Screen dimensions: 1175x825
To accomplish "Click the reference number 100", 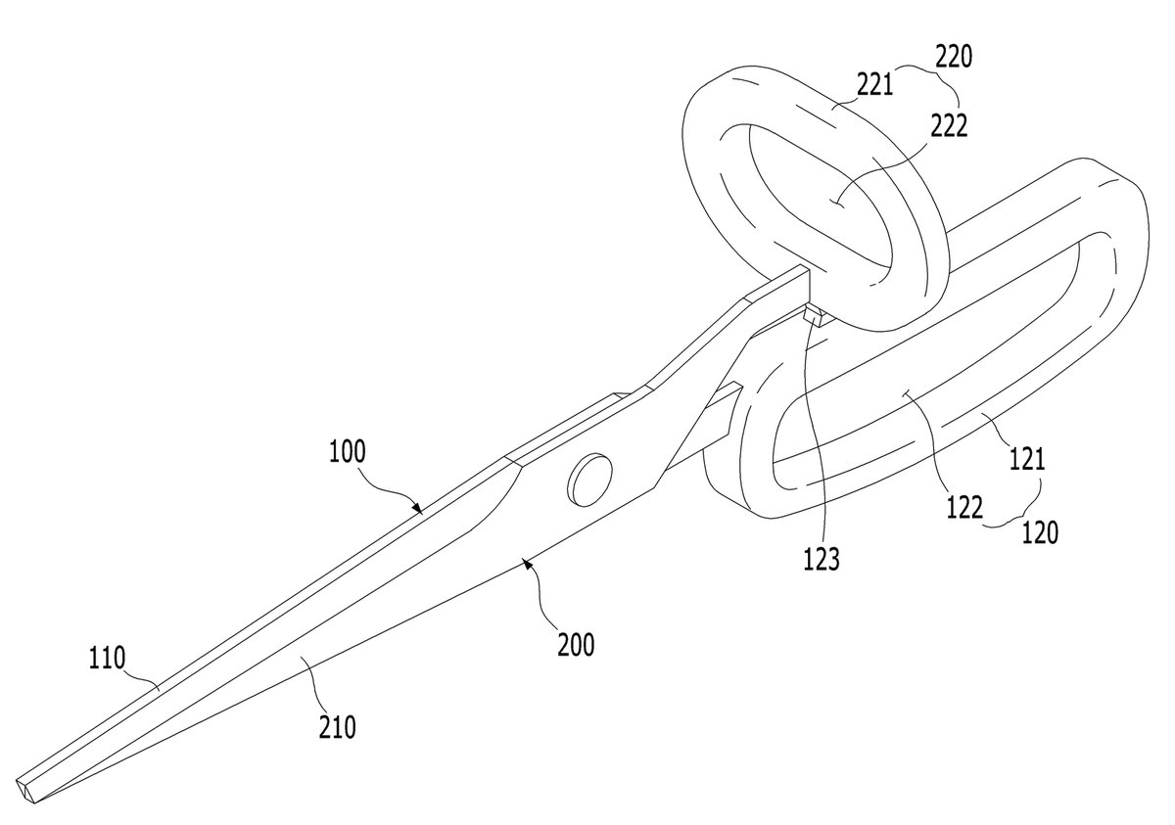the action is click(348, 452).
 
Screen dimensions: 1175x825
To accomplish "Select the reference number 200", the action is click(576, 645).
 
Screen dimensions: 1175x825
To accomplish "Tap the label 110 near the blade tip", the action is click(107, 658).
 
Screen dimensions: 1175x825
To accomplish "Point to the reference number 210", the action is click(337, 727).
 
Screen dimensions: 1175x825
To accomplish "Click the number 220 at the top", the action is click(954, 57).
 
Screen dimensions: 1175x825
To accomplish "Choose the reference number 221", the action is click(874, 84).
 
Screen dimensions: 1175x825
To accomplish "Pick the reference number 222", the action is click(949, 126).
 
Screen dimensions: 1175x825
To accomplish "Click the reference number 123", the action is click(822, 559).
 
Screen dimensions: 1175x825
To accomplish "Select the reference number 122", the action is click(964, 507).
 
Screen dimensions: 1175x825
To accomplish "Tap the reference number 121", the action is click(1027, 459).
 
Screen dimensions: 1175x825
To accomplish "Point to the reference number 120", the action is click(1040, 533).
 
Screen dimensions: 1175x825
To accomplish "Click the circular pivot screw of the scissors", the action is click(590, 480).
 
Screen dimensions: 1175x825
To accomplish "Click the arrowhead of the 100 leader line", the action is click(417, 508).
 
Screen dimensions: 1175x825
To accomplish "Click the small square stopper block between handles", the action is click(815, 316).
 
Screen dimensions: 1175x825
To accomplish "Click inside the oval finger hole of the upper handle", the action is click(819, 200).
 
